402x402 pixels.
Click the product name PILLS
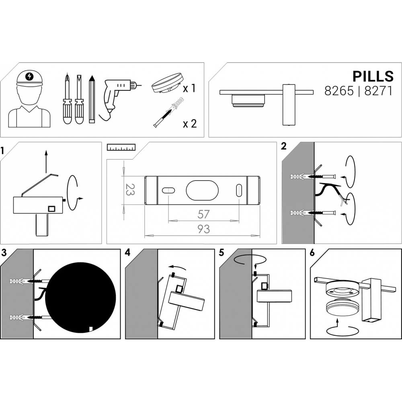(373, 76)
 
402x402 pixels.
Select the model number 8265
(339, 91)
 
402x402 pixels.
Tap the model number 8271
(378, 91)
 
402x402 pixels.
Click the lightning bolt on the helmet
(29, 76)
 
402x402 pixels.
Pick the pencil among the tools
(92, 99)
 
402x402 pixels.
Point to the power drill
(117, 99)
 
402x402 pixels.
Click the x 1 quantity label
(189, 88)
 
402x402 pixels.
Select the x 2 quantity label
(190, 123)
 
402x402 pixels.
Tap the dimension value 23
(130, 190)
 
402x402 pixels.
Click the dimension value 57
(203, 214)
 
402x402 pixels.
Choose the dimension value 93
(204, 229)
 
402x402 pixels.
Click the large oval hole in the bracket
(202, 191)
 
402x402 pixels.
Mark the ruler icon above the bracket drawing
(121, 147)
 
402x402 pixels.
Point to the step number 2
(283, 146)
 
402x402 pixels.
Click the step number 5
(222, 253)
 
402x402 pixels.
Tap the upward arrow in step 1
(46, 162)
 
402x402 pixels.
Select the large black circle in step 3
(80, 297)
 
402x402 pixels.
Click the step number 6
(312, 253)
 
